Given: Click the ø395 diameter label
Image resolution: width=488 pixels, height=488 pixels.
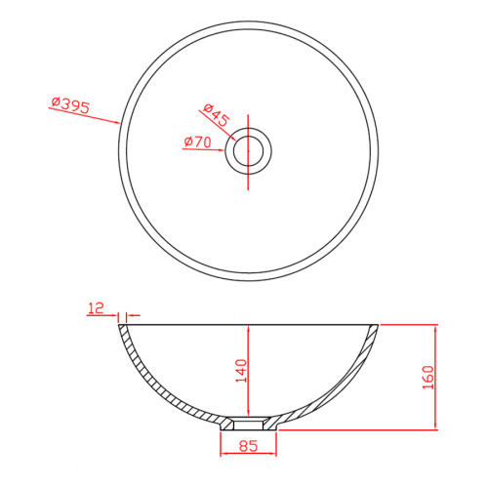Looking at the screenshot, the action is click(x=70, y=104).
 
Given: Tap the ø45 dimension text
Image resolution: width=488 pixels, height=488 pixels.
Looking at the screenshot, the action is click(x=217, y=115).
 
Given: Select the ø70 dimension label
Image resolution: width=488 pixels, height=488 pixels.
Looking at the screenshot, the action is click(x=197, y=142).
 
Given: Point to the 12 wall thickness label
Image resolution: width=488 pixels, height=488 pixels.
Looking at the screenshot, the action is click(x=96, y=307).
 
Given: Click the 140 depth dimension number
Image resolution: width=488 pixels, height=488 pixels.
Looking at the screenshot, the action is click(x=241, y=371).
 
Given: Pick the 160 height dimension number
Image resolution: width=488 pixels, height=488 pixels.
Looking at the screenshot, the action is click(x=428, y=378).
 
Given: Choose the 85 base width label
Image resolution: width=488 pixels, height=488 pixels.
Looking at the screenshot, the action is click(x=248, y=446).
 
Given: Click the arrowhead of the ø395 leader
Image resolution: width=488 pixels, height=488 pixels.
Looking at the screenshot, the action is click(x=117, y=123).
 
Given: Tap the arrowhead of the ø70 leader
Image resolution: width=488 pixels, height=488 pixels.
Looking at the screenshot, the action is click(x=222, y=150).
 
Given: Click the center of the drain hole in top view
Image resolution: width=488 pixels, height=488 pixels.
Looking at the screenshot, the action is click(x=248, y=150).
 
